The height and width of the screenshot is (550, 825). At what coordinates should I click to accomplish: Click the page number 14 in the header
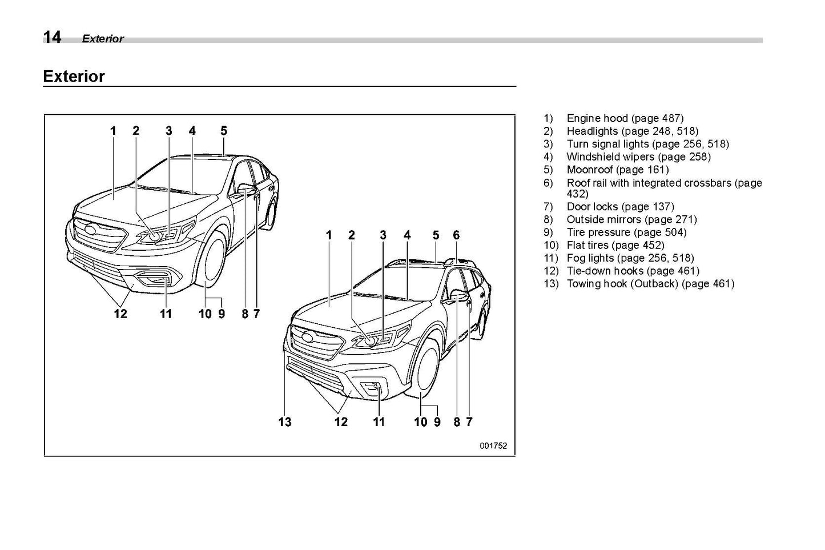point(52,38)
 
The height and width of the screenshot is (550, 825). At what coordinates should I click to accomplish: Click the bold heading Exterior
point(74,77)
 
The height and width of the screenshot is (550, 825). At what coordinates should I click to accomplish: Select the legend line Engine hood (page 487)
point(624,118)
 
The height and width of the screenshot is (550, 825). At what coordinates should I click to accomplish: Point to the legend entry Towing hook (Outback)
point(650,284)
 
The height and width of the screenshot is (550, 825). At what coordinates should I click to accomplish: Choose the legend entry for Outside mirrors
point(631,219)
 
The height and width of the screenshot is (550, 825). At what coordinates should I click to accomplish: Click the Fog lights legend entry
point(630,258)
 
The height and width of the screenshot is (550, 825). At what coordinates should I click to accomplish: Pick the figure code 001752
point(493,447)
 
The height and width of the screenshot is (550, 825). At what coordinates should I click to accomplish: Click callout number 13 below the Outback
point(285,422)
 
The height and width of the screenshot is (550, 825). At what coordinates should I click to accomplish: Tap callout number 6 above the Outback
point(456,235)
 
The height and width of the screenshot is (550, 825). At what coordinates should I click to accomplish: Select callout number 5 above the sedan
point(224,131)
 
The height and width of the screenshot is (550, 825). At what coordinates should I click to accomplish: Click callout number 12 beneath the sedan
point(120,314)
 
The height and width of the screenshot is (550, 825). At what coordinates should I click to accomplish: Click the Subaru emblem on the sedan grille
point(91,230)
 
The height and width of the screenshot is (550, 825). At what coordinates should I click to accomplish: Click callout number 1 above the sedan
point(113,131)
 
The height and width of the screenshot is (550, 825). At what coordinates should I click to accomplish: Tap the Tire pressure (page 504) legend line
point(626,232)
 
